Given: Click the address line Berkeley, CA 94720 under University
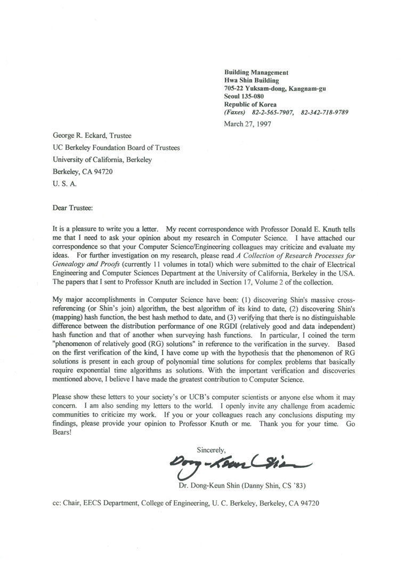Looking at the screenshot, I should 83,172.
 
